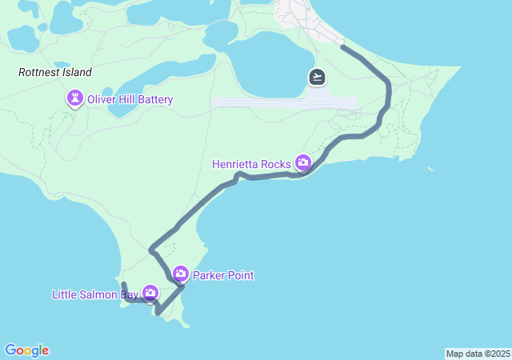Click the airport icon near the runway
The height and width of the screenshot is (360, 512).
click(x=318, y=77)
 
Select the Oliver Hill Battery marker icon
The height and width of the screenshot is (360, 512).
click(x=75, y=99)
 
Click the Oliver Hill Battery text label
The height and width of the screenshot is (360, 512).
click(x=130, y=100)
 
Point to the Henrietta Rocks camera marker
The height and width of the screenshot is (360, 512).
click(x=303, y=163)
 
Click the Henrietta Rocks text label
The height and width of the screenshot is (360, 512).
click(x=251, y=164)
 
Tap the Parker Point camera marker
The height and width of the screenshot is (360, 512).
click(x=181, y=274)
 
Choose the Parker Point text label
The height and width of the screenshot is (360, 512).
click(x=223, y=276)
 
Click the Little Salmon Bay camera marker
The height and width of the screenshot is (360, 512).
click(x=150, y=294)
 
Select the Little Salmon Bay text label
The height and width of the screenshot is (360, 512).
click(x=95, y=294)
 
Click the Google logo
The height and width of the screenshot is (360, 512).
click(x=26, y=350)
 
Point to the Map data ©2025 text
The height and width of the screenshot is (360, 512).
click(x=478, y=354)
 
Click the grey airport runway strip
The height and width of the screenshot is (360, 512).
click(x=264, y=103)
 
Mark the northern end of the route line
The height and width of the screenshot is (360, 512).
click(x=343, y=47)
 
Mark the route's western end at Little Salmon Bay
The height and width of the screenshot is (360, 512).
click(x=123, y=284)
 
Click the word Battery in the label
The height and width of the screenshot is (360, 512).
click(x=154, y=100)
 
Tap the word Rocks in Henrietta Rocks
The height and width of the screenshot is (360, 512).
click(x=276, y=164)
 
